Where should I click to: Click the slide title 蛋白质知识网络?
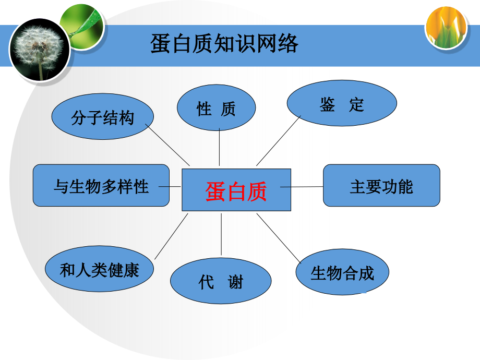[x=224, y=44]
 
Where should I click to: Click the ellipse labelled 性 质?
[x=216, y=107]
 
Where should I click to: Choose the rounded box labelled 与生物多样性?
[x=101, y=185]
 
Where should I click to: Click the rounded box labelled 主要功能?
[x=381, y=185]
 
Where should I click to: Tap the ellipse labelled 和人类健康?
[x=99, y=270]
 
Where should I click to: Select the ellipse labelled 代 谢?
[x=221, y=282]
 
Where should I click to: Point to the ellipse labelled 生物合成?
[x=342, y=272]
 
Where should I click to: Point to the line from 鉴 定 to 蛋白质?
[x=278, y=140]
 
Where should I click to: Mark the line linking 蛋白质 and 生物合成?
[x=279, y=237]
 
